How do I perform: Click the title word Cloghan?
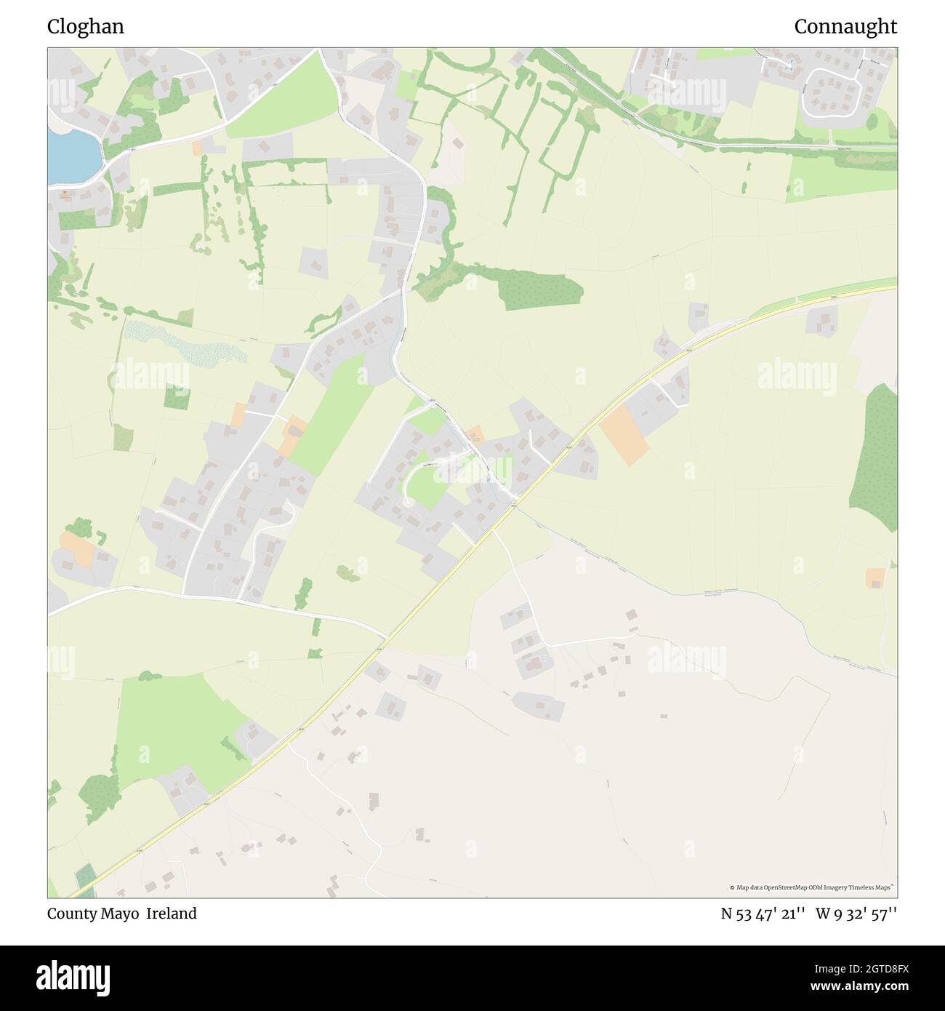click(x=86, y=27)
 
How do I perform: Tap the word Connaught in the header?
click(x=845, y=27)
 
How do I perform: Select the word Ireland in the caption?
click(x=172, y=914)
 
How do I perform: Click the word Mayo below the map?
click(x=123, y=914)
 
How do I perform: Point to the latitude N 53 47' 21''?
click(x=763, y=914)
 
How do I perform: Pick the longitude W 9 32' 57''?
click(x=856, y=914)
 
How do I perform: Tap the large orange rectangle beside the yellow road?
click(x=624, y=434)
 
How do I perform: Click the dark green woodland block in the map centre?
click(x=541, y=290)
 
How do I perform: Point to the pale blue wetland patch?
click(x=185, y=345)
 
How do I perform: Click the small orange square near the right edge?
click(x=875, y=578)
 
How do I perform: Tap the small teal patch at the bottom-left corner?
click(x=84, y=877)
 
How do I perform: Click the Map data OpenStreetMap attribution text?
click(x=812, y=887)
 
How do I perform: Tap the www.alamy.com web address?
click(x=848, y=987)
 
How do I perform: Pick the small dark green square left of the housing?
click(x=176, y=396)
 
